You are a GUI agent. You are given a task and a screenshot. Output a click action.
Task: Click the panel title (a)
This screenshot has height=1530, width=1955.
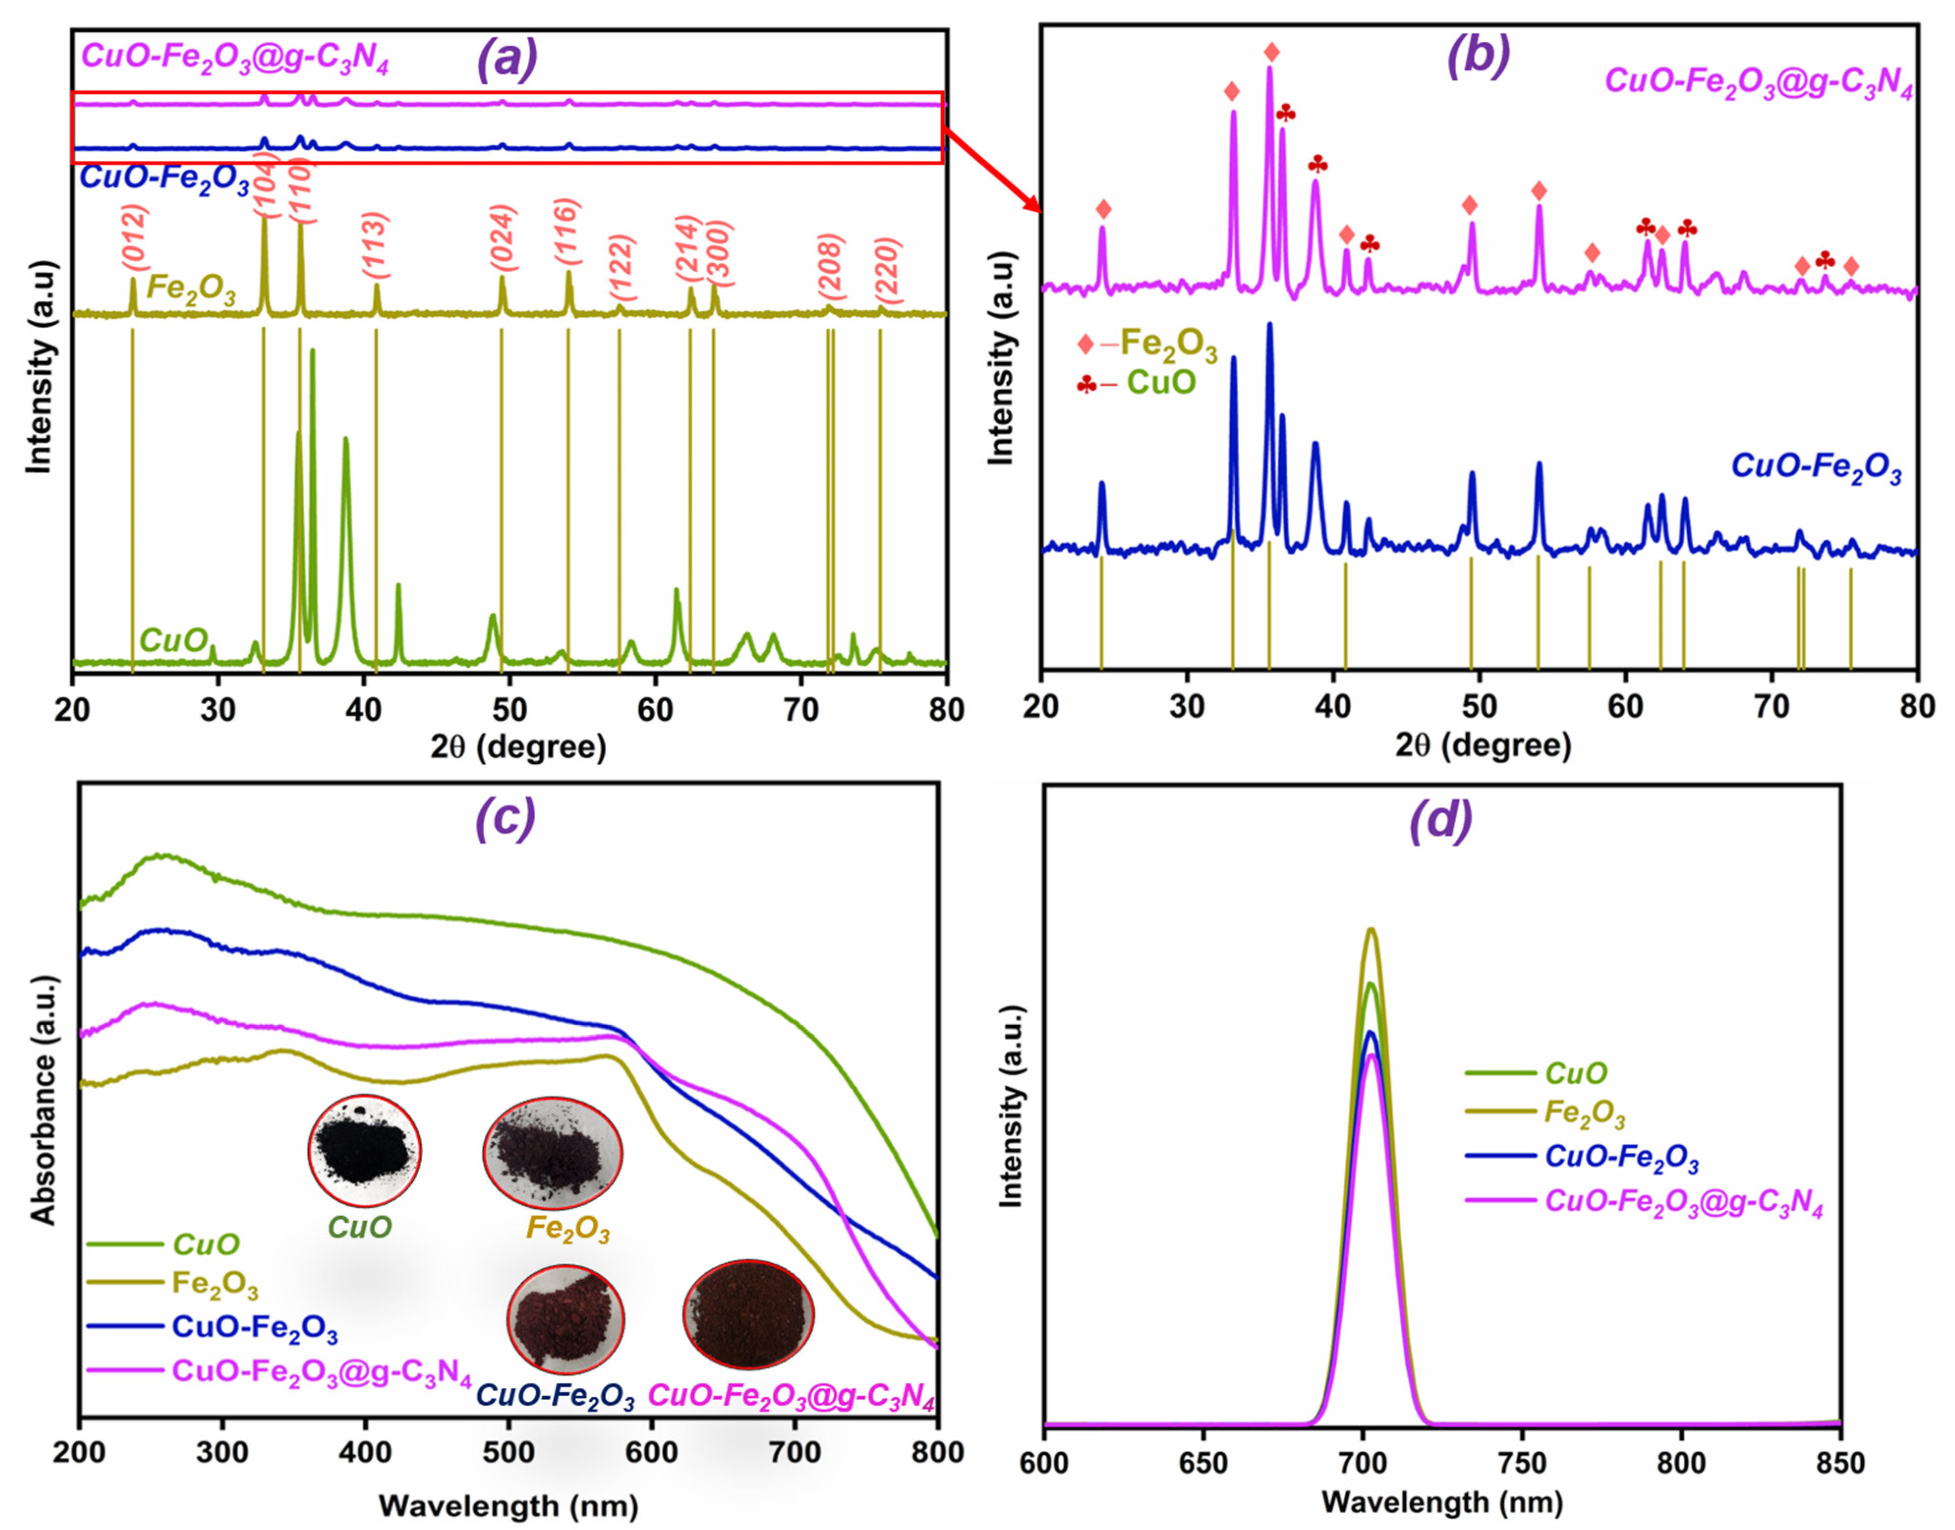coord(508,59)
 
